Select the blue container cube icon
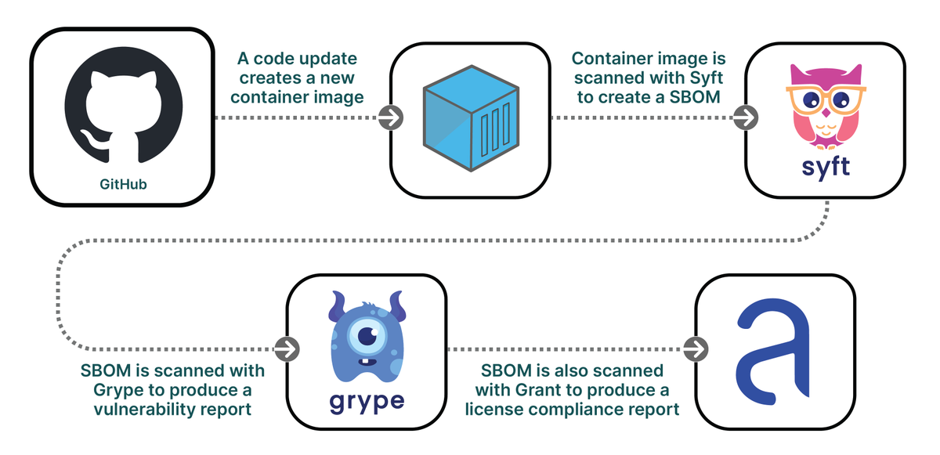(469, 119)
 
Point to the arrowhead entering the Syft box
(745, 118)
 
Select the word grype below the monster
(367, 401)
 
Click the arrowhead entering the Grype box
(287, 349)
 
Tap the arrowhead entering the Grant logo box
(695, 349)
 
